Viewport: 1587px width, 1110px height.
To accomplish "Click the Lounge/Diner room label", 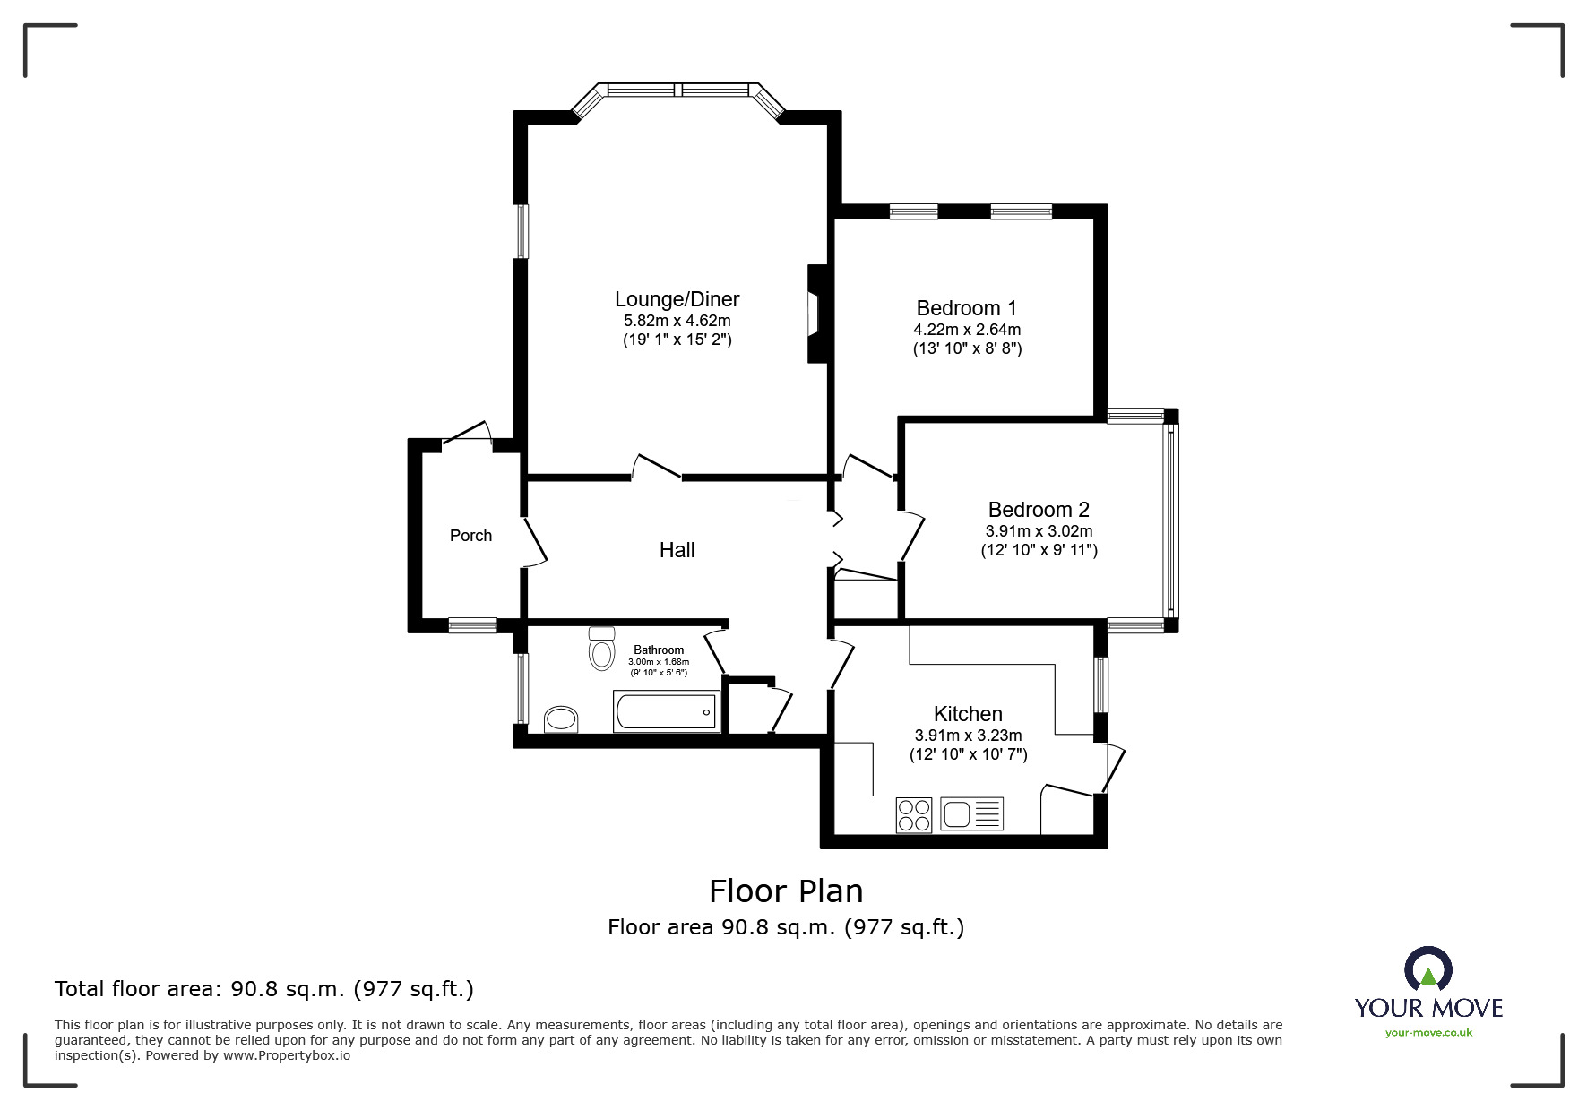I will point(677,299).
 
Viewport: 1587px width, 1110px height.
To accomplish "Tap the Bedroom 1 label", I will point(966,308).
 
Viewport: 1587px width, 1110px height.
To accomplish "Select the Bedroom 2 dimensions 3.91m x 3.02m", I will point(1039,531).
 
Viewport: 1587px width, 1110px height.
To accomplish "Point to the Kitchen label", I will point(968,714).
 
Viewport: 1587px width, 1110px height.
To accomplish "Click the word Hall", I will point(677,550).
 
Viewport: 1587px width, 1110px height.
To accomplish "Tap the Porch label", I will point(470,536).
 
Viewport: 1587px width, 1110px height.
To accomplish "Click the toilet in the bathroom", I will point(602,649).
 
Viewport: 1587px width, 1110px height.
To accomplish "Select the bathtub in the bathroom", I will point(666,711).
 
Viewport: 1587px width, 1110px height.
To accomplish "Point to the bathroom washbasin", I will point(562,718).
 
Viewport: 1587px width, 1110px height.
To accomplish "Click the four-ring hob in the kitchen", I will point(914,815).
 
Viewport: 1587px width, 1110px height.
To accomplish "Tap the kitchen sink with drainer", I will point(971,814).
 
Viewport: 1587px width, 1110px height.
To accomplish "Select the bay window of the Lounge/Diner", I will point(678,90).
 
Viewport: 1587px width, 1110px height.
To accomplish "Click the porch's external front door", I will point(468,432).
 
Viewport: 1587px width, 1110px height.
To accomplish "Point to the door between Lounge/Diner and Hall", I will point(657,467).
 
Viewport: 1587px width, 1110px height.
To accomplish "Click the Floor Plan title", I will point(786,891).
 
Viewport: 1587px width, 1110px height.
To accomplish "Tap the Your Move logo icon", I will point(1427,970).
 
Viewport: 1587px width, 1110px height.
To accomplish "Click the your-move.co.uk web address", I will point(1428,1033).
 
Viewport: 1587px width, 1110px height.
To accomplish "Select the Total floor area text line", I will point(264,989).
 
